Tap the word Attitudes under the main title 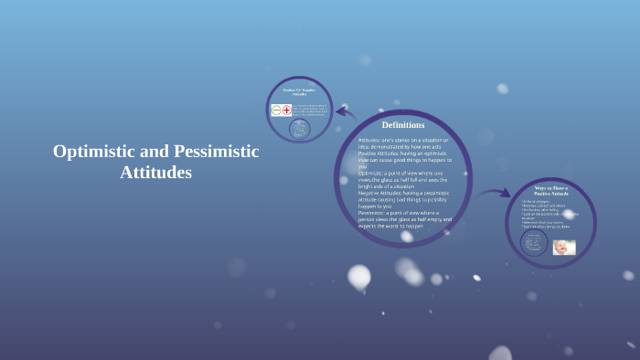coord(155,172)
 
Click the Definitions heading coord(403,124)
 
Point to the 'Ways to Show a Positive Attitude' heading coord(551,192)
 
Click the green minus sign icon coord(276,111)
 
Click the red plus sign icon coord(286,111)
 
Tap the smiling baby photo coord(564,247)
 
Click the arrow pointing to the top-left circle coord(345,112)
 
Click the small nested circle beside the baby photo coord(534,243)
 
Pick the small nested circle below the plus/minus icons coord(298,130)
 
